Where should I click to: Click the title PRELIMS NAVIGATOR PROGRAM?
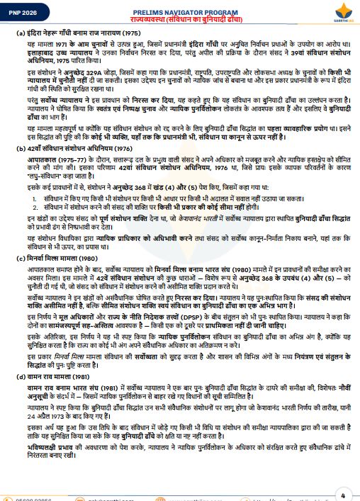tap(181, 6)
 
